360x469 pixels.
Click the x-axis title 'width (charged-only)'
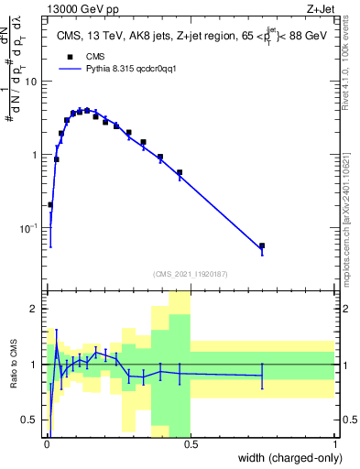pos(285,458)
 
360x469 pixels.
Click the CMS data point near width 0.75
pos(262,245)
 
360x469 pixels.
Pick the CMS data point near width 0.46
pos(180,172)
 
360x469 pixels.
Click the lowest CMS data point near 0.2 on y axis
pos(50,204)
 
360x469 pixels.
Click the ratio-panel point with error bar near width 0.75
pos(262,375)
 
